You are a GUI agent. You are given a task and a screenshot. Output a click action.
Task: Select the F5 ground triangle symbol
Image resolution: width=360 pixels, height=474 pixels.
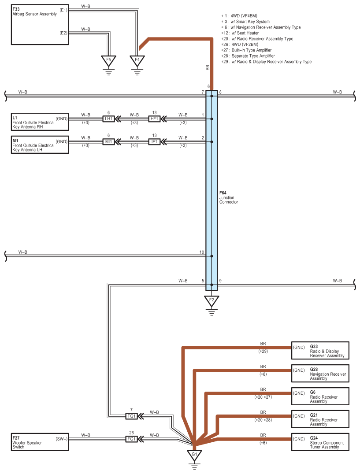coord(108,60)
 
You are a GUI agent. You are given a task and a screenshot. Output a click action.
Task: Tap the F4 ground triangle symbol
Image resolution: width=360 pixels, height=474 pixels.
coord(137,60)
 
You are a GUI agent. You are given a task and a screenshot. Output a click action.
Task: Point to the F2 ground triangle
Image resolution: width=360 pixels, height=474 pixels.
coord(212,301)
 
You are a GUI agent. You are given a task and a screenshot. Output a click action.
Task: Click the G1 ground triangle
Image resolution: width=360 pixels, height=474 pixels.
coord(194,455)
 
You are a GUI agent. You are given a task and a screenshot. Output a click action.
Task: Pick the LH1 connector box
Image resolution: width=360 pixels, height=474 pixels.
coord(108,119)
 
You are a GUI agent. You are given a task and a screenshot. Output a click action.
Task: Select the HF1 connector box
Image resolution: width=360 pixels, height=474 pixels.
coord(154,119)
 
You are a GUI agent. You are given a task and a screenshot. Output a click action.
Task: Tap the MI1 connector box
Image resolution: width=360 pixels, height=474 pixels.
coord(108,142)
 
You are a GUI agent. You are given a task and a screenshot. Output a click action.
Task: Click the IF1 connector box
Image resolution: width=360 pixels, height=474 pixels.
coord(154,142)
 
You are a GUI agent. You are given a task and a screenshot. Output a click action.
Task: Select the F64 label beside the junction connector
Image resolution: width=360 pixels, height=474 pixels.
coord(223,193)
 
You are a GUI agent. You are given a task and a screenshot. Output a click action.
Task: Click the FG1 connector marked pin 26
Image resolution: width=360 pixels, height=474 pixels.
coord(131,439)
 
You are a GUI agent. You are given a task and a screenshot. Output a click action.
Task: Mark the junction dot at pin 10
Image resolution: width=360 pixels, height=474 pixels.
coord(212,256)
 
